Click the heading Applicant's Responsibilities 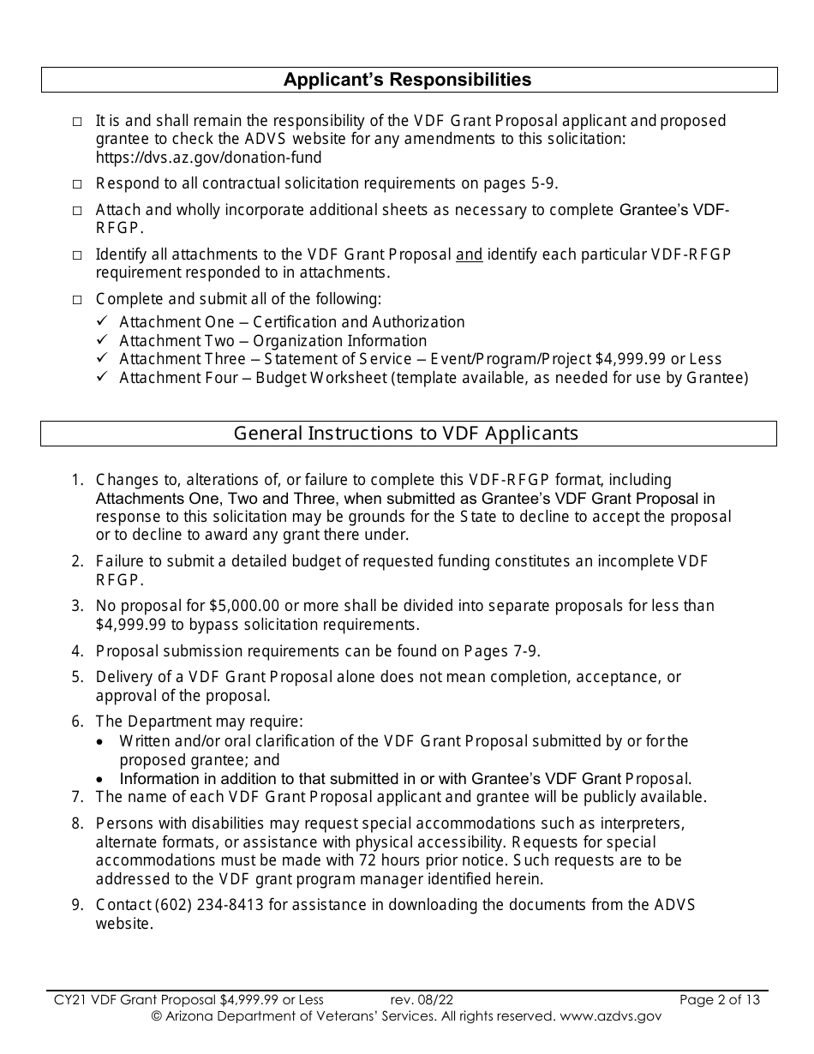click(x=407, y=80)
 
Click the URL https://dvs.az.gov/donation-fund click(x=208, y=157)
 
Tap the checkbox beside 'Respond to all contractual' click(x=78, y=184)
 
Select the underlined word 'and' click(x=469, y=255)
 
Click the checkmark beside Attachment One click(x=102, y=321)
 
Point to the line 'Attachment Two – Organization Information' click(x=272, y=340)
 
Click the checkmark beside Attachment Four click(x=102, y=378)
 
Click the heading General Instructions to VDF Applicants click(x=406, y=433)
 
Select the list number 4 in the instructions click(x=77, y=650)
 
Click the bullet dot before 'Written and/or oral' click(x=102, y=741)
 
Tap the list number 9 click(x=77, y=905)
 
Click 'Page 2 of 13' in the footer click(x=719, y=999)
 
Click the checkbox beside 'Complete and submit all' click(x=78, y=300)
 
